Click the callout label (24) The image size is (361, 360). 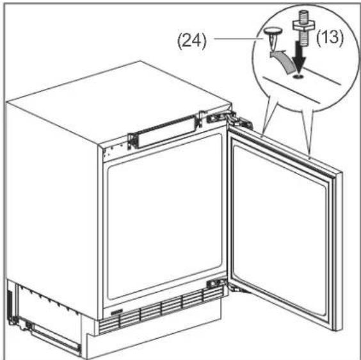pos(191,42)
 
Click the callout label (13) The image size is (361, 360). pos(330,37)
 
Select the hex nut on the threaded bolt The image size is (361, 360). pos(302,24)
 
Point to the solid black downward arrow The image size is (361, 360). pos(300,57)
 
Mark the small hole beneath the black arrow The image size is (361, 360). pos(298,76)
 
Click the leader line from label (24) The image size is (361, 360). pos(239,38)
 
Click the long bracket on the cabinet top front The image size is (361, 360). pos(163,132)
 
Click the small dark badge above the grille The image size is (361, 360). pos(116,313)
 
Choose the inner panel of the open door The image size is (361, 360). pos(280,231)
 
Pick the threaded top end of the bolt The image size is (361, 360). pos(301,15)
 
